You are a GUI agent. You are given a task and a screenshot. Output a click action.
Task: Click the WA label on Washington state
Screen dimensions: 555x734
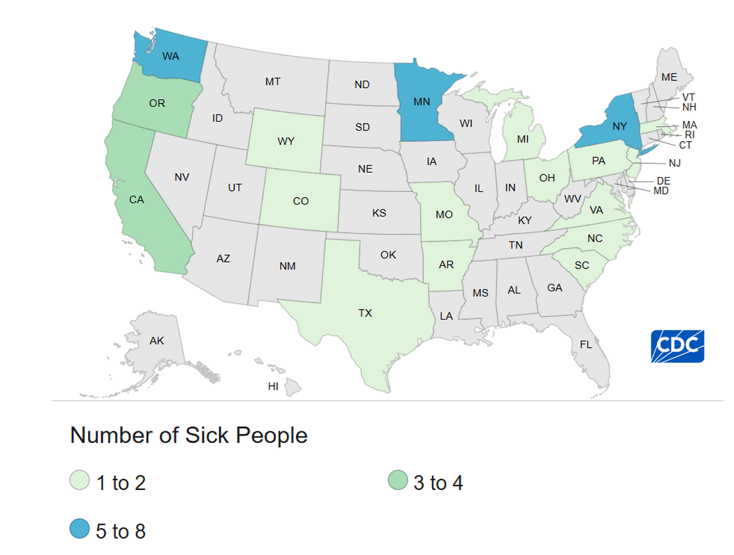pos(171,56)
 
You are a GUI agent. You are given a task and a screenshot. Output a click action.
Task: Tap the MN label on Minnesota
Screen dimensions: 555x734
pos(422,101)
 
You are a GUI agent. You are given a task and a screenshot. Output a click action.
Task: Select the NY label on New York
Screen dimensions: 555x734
pos(619,127)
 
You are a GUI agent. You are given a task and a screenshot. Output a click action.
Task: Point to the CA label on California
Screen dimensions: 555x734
pos(136,200)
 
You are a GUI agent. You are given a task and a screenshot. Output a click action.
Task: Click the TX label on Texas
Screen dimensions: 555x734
pos(365,313)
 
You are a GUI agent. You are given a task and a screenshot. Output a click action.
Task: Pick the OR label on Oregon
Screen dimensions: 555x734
pos(157,103)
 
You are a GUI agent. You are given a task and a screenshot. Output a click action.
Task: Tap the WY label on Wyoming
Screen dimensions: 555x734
pos(287,140)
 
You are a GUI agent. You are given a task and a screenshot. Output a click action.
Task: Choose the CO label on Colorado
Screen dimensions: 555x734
pos(301,201)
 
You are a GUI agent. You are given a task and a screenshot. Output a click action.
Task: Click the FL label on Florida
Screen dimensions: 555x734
pos(585,344)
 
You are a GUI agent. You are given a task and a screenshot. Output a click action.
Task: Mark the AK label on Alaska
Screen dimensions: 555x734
pos(157,341)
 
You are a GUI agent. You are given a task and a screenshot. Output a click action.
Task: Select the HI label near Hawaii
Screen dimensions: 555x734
pos(273,386)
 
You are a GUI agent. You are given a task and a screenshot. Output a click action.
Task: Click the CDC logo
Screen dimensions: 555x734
pos(677,346)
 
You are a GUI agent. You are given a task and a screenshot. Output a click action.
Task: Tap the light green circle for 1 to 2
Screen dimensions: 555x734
pos(79,482)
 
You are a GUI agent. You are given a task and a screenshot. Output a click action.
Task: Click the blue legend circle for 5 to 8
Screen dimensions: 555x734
pos(79,530)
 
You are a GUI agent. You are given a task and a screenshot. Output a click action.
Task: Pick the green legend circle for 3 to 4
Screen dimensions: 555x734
pos(397,482)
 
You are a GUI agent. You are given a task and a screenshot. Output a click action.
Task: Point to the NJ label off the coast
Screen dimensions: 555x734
pos(674,163)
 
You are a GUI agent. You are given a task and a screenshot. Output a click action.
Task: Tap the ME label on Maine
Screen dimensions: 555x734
pos(670,77)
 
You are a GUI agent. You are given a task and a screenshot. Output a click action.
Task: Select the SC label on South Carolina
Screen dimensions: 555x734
pos(582,265)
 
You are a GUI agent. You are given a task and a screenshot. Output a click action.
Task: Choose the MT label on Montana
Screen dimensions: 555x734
pos(273,82)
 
